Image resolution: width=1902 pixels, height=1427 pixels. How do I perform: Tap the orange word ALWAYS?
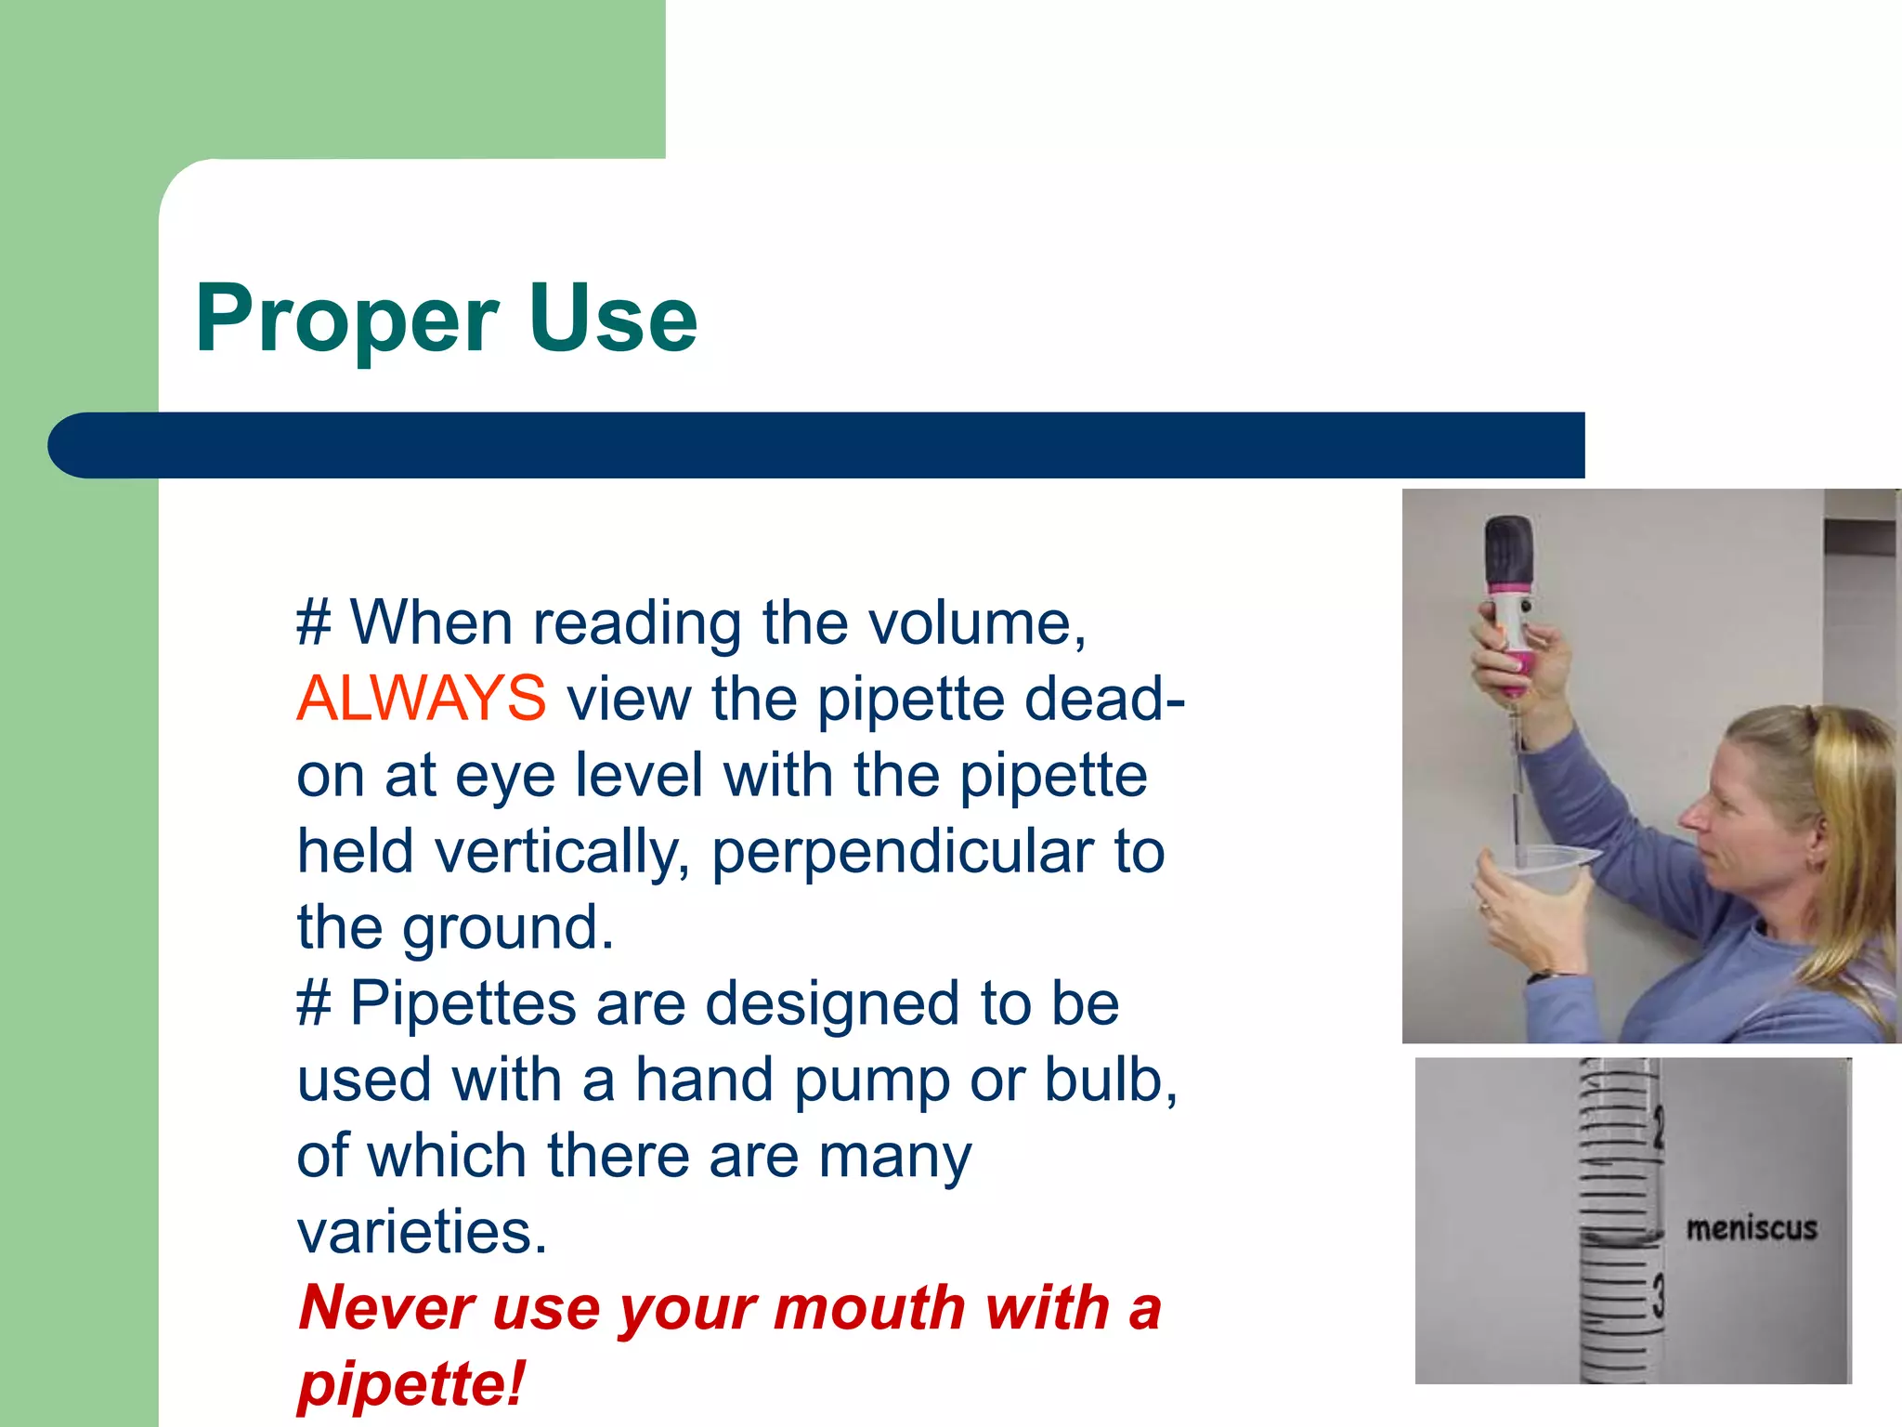point(422,699)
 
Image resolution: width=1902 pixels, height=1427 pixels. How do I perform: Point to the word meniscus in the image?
point(1751,1228)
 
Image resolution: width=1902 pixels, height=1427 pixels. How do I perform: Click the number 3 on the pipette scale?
point(1658,1295)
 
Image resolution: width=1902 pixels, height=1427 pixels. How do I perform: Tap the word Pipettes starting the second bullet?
point(462,1004)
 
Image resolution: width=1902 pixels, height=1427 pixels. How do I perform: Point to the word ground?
point(507,928)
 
